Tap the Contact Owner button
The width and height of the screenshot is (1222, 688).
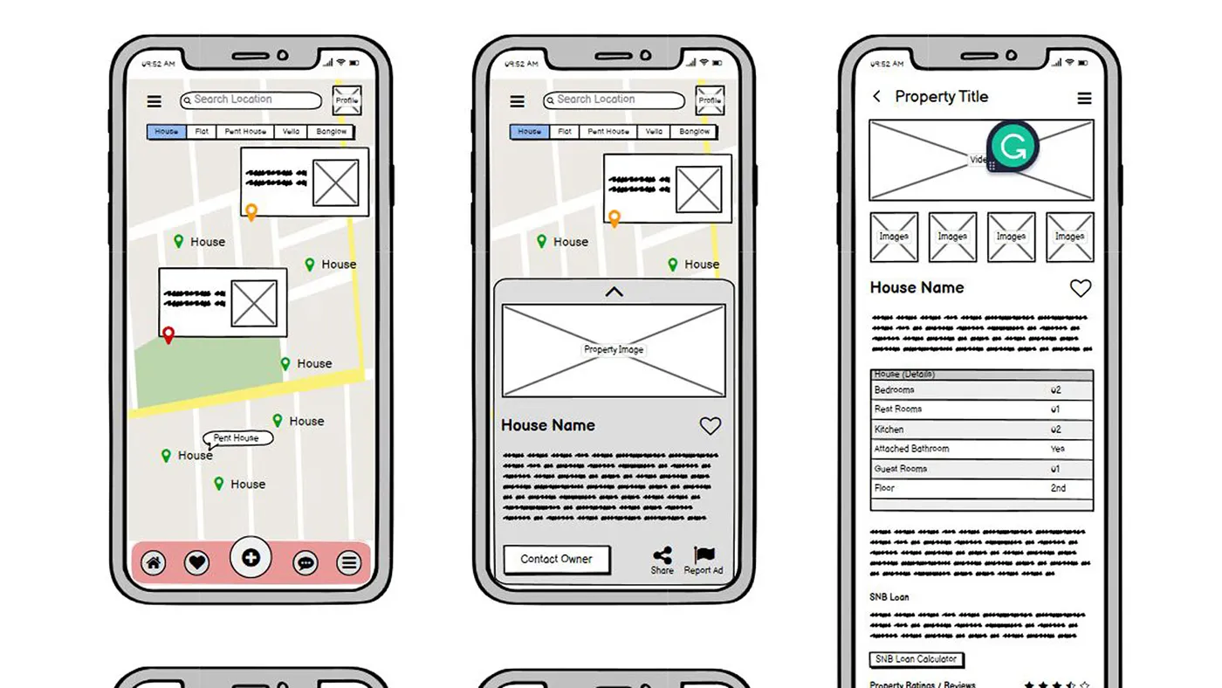coord(556,559)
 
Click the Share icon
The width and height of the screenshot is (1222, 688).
coord(662,555)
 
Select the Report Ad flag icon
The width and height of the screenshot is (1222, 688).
coord(704,555)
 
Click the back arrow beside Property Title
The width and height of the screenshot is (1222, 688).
coord(877,97)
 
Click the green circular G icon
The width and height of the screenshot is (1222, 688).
coord(1013,147)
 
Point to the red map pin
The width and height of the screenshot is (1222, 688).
coord(168,334)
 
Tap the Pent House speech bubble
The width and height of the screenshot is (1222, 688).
coord(237,438)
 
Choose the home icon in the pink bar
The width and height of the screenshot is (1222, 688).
coord(154,563)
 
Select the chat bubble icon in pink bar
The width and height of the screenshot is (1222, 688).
coord(305,563)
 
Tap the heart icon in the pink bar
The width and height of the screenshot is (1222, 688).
coord(197,563)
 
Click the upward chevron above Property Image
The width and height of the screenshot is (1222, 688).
coord(614,292)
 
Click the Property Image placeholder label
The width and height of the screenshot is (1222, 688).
coord(614,349)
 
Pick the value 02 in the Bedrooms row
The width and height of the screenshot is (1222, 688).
coord(1056,390)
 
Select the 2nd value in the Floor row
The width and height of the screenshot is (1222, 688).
coord(1058,488)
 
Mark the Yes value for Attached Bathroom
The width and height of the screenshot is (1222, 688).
coord(1057,449)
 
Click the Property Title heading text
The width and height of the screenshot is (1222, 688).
coord(941,97)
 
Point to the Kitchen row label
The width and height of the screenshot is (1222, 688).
coord(889,430)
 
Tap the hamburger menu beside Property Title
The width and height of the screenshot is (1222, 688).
coord(1084,99)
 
